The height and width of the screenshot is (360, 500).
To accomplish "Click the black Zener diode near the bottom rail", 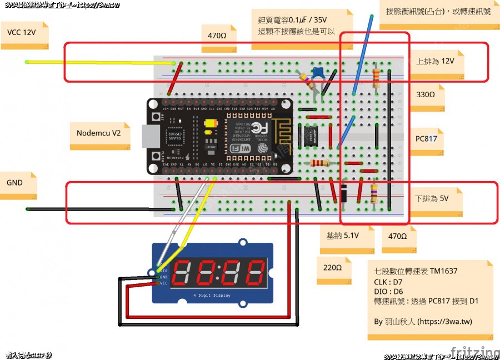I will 344,194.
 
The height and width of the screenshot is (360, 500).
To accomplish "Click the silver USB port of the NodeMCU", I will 148,136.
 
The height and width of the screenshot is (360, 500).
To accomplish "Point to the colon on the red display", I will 218,272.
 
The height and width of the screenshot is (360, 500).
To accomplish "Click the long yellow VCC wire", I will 100,62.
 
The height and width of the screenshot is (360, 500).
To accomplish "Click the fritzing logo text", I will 475,352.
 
